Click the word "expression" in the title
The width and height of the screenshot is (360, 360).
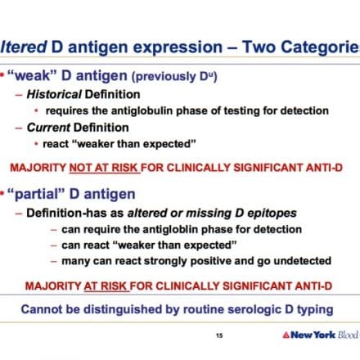coord(178,47)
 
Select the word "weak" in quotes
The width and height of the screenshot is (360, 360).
coord(33,75)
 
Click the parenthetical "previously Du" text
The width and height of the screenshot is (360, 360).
coord(174,76)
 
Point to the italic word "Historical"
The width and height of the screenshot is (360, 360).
coord(54,94)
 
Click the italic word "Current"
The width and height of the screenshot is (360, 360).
coord(48,128)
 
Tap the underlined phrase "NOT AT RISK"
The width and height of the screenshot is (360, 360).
coord(104,168)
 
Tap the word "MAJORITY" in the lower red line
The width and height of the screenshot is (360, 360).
coord(53,286)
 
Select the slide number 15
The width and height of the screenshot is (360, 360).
coord(219,335)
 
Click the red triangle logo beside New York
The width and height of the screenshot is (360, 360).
coord(286,335)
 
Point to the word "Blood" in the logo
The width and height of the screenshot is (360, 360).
coord(349,335)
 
